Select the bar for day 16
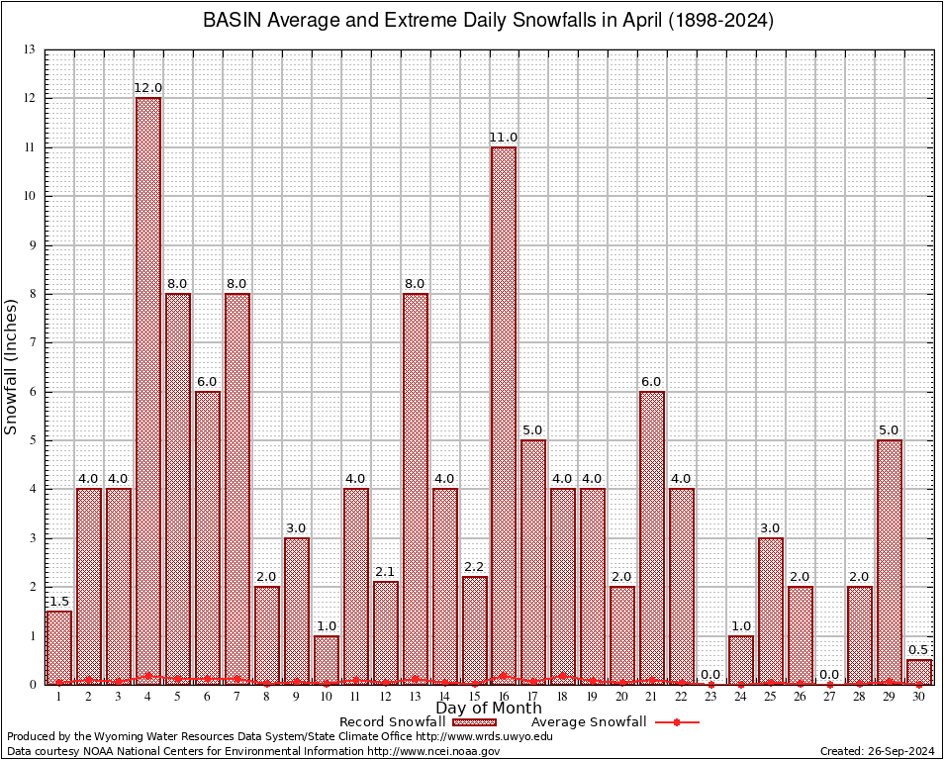pyautogui.click(x=504, y=416)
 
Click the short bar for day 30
pyautogui.click(x=918, y=672)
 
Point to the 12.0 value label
pyautogui.click(x=147, y=88)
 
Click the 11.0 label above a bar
pyautogui.click(x=504, y=137)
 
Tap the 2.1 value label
pyautogui.click(x=385, y=571)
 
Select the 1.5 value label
pyautogui.click(x=58, y=601)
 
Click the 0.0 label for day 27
pyautogui.click(x=829, y=674)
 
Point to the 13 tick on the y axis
pyautogui.click(x=30, y=49)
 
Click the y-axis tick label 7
pyautogui.click(x=32, y=342)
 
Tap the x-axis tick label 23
pyautogui.click(x=710, y=697)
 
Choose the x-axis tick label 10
pyautogui.click(x=326, y=697)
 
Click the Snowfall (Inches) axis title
pyautogui.click(x=12, y=366)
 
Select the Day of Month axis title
pyautogui.click(x=488, y=708)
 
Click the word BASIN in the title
pyautogui.click(x=229, y=20)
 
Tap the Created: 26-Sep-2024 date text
pyautogui.click(x=877, y=751)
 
